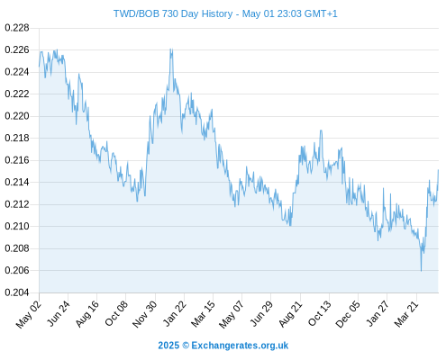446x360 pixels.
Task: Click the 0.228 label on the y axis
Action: click(x=17, y=28)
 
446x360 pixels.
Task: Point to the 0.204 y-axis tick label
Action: click(x=17, y=292)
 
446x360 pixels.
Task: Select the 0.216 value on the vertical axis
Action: click(x=17, y=160)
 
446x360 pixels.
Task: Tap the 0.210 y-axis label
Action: click(x=17, y=226)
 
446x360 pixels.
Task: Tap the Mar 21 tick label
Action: click(x=406, y=314)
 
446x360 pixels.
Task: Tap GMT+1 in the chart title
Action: click(x=321, y=13)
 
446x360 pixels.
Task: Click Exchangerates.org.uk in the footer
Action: click(x=240, y=346)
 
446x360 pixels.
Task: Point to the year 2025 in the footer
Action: click(x=168, y=346)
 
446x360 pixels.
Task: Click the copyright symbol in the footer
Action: click(x=186, y=346)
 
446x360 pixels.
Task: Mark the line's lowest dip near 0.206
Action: click(x=421, y=271)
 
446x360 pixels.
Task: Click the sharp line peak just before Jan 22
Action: click(x=171, y=49)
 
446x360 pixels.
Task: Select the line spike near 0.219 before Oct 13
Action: click(x=321, y=130)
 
